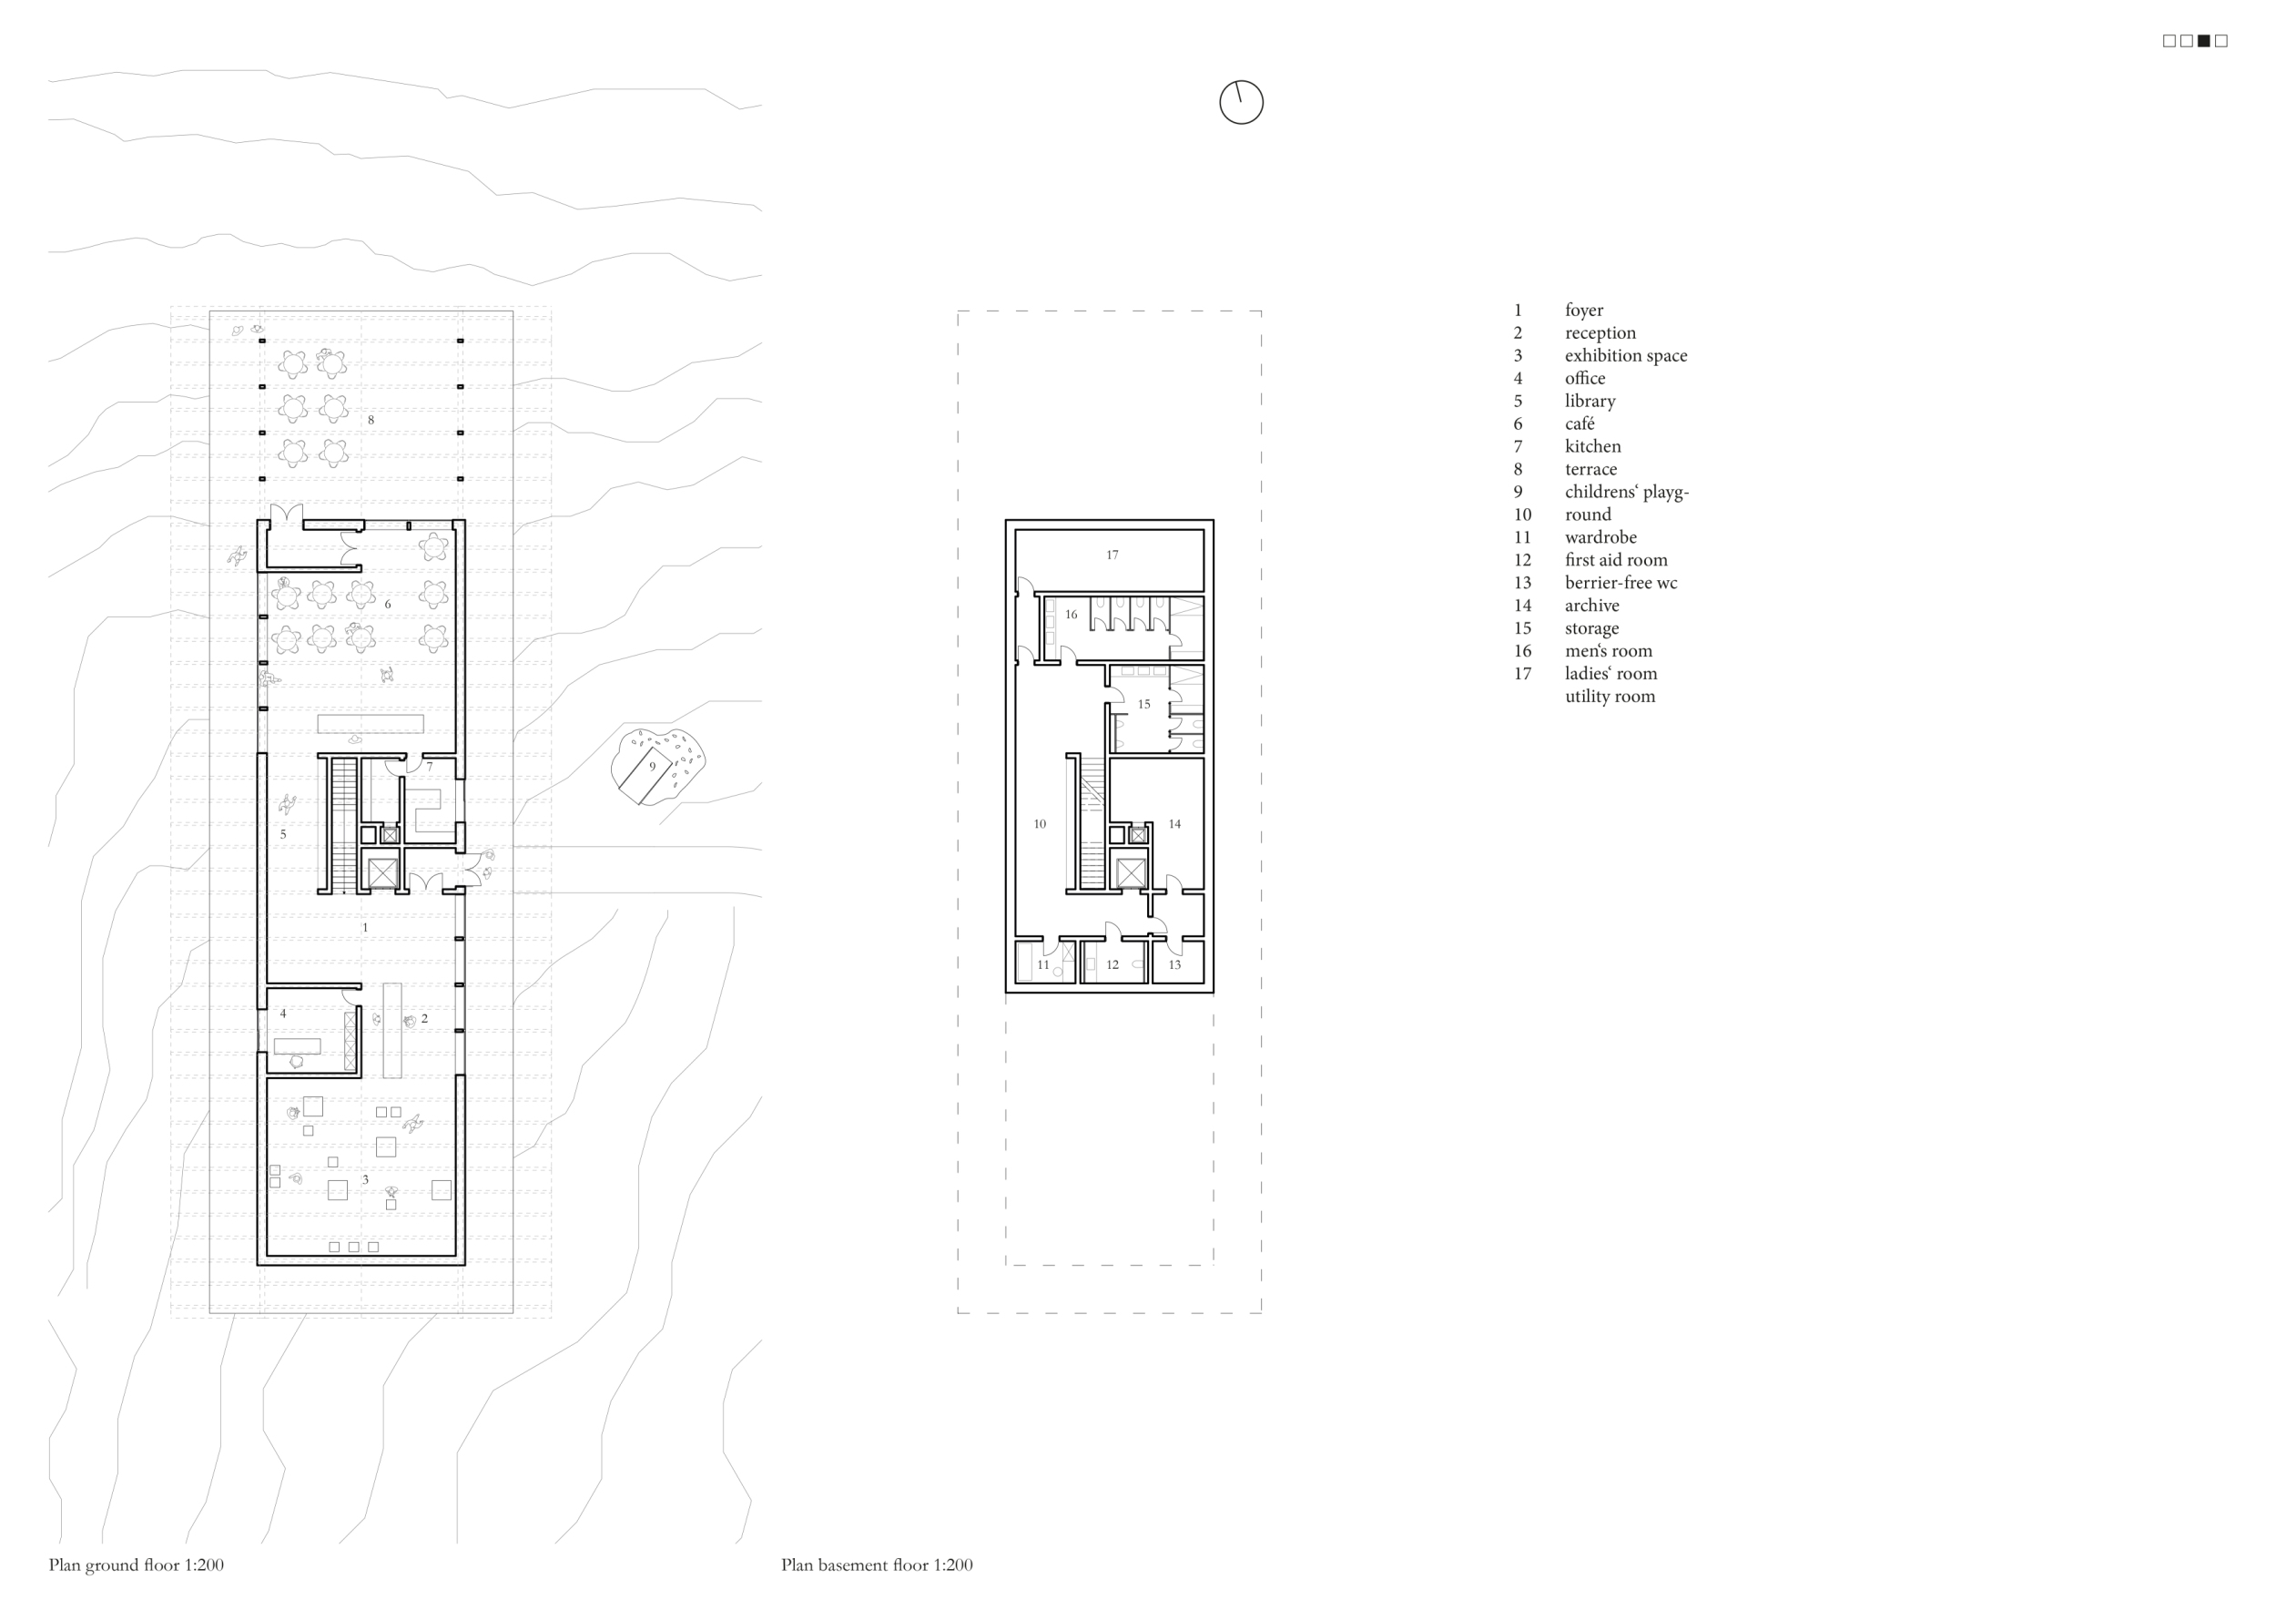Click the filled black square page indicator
coord(2204,41)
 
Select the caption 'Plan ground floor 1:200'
coord(136,1565)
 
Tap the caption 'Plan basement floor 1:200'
coord(877,1565)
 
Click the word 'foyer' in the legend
coord(1584,311)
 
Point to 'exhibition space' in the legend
coord(1626,356)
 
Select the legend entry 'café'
coord(1580,423)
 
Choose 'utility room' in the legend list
coord(1610,696)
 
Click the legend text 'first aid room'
coord(1616,560)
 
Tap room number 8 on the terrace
coord(371,420)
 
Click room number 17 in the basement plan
coord(1113,555)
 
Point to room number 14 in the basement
coord(1174,824)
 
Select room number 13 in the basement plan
coord(1174,964)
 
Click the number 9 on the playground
coord(652,767)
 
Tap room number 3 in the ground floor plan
coord(365,1180)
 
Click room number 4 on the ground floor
coord(282,1014)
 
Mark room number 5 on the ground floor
coord(282,834)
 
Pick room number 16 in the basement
coord(1071,615)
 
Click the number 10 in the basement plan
coord(1039,824)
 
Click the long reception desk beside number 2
coord(391,1029)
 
